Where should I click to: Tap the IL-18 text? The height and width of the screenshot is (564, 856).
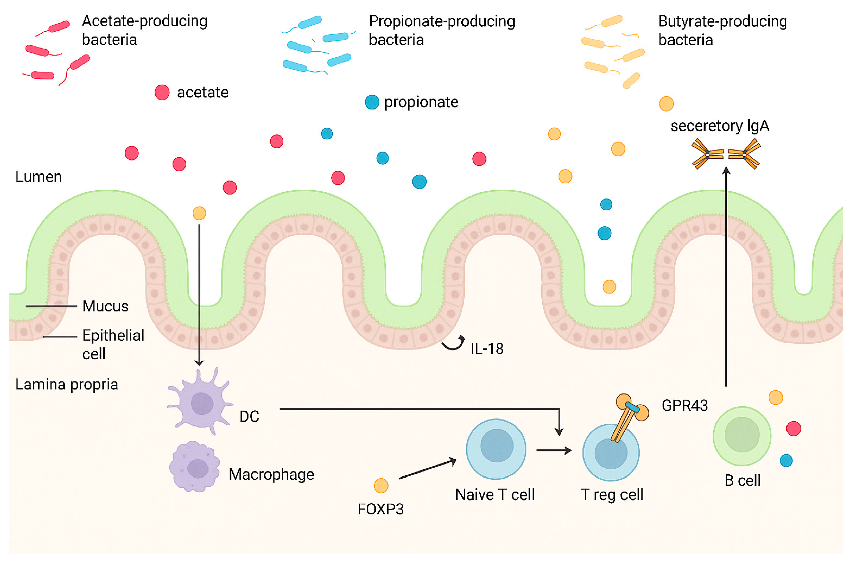pyautogui.click(x=487, y=349)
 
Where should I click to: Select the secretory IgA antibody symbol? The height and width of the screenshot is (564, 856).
pyautogui.click(x=726, y=154)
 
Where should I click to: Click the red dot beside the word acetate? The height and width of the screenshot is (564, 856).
pyautogui.click(x=162, y=93)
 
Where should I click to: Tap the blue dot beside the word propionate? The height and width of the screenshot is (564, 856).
pyautogui.click(x=372, y=102)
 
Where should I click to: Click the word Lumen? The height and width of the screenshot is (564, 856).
pyautogui.click(x=38, y=177)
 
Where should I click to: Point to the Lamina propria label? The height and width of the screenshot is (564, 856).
pyautogui.click(x=66, y=385)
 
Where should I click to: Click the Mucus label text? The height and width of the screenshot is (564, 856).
pyautogui.click(x=105, y=306)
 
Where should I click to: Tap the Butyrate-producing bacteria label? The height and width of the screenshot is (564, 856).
pyautogui.click(x=722, y=31)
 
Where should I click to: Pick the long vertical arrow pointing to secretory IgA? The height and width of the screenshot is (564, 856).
pyautogui.click(x=726, y=277)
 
